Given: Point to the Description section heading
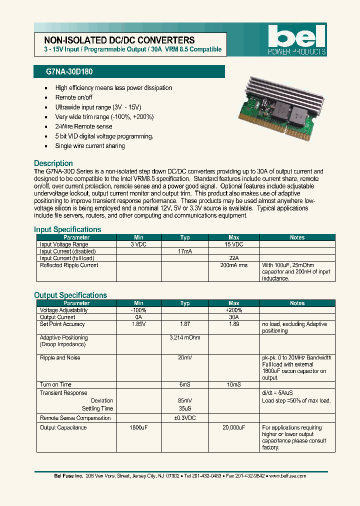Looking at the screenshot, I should pyautogui.click(x=53, y=163).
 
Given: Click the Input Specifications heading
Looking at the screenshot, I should pyautogui.click(x=67, y=229).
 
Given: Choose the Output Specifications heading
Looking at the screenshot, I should pyautogui.click(x=70, y=295).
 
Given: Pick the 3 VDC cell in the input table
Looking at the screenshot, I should pyautogui.click(x=138, y=244).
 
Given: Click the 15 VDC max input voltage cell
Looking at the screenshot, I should pyautogui.click(x=233, y=244).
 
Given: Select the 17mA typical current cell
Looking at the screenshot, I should pyautogui.click(x=185, y=251).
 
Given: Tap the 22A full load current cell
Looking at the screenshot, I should pyautogui.click(x=233, y=258).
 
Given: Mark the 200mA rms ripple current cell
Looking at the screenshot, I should pyautogui.click(x=233, y=265).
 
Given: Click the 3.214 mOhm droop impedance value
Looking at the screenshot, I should pyautogui.click(x=185, y=338).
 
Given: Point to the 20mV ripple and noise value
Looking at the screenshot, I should pyautogui.click(x=185, y=358).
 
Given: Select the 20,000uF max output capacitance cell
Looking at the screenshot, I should pyautogui.click(x=233, y=428).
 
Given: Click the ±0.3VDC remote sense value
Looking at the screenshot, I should pyautogui.click(x=185, y=418).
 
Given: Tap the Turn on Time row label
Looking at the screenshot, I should pyautogui.click(x=55, y=384).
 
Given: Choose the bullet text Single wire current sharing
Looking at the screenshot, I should pyautogui.click(x=90, y=146).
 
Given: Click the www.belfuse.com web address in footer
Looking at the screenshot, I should pyautogui.click(x=287, y=476).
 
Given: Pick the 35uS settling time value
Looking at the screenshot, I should pyautogui.click(x=185, y=408).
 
